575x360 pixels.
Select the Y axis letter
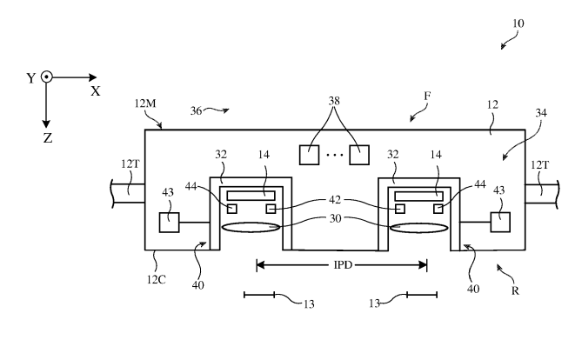point(31,78)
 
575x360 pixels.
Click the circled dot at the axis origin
point(47,77)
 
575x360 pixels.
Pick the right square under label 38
point(360,155)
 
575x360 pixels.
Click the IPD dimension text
point(340,263)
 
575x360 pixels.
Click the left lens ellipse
point(252,228)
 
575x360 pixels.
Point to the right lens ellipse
point(419,228)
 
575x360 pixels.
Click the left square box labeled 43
point(170,223)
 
